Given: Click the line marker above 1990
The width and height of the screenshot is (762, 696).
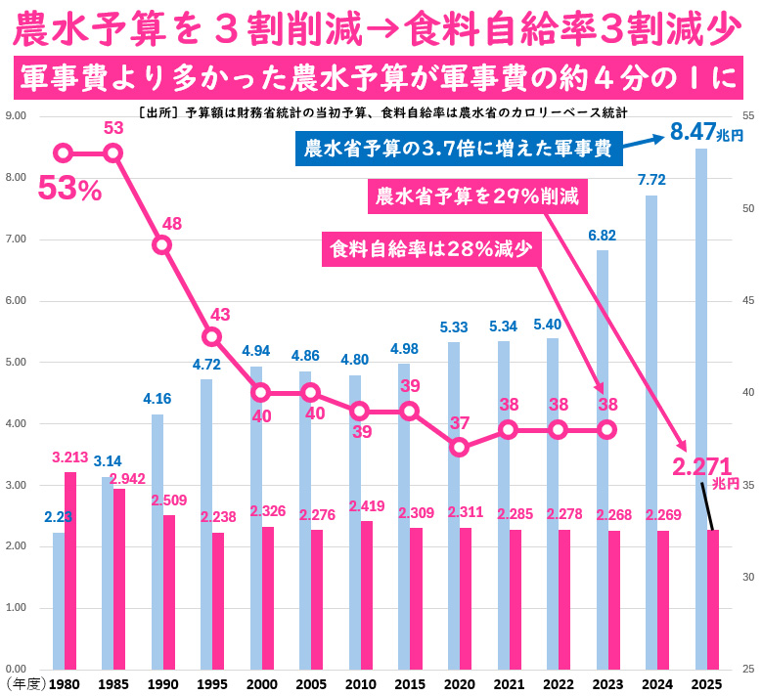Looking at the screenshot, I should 162,244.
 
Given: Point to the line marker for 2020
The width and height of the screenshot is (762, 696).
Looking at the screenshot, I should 459,448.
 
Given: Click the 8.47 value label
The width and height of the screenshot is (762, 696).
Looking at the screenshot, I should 695,132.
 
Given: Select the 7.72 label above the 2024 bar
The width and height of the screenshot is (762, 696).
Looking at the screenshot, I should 651,180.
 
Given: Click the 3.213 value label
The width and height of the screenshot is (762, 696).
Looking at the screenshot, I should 70,457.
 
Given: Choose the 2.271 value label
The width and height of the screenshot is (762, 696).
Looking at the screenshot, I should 701,467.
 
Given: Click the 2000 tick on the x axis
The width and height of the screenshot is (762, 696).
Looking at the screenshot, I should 262,683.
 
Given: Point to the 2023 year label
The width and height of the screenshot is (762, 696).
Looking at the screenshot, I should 607,683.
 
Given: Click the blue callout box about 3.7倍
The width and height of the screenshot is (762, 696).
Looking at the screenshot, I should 458,149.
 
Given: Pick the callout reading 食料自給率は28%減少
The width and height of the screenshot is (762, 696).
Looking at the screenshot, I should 431,248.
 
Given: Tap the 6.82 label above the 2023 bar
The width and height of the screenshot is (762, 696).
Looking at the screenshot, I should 603,235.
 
